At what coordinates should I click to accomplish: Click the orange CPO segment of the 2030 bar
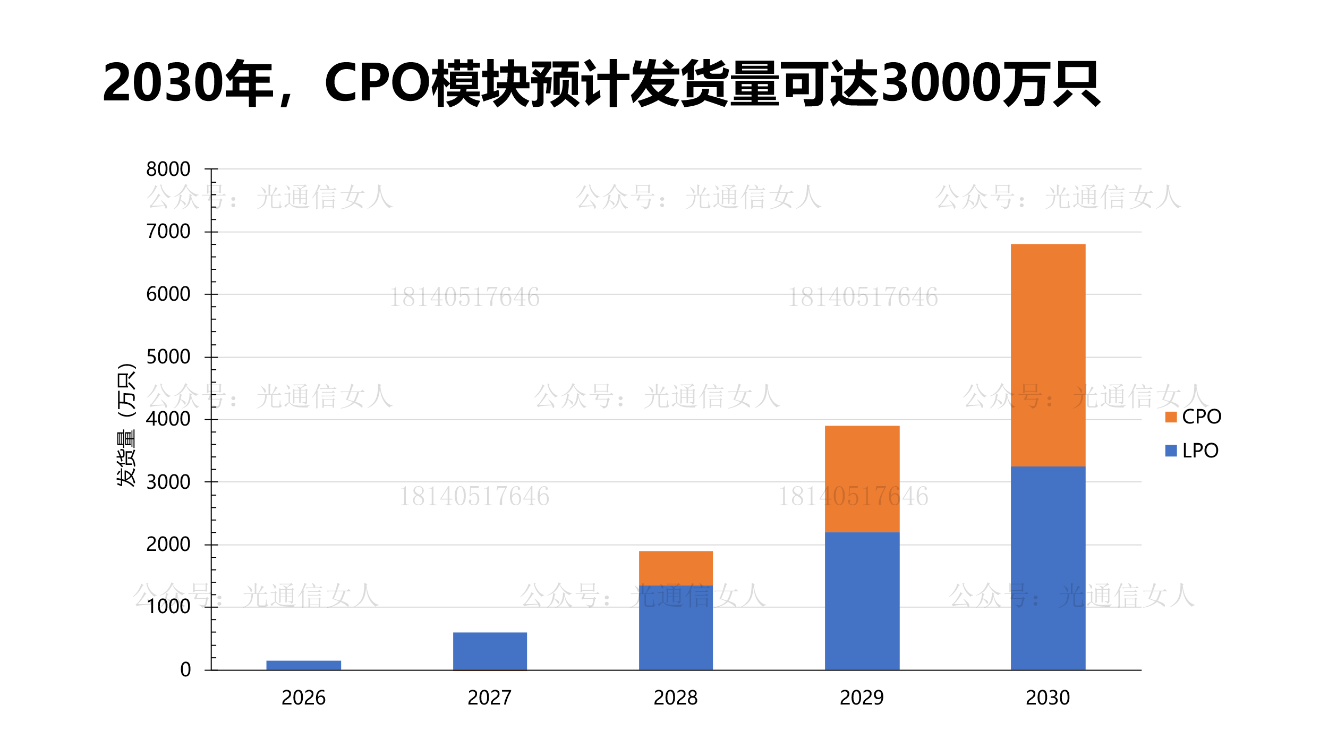[1048, 355]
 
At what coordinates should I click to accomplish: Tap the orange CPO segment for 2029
[862, 478]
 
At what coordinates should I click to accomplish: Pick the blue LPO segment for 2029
[862, 600]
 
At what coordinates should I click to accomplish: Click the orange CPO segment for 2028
[676, 568]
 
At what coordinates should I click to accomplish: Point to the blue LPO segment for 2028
[676, 627]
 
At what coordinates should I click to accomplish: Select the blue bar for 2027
[490, 651]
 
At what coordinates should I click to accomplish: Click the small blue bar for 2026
[303, 665]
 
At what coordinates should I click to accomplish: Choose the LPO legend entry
[1192, 451]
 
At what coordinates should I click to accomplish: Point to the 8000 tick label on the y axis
[168, 169]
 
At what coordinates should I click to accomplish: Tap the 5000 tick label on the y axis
[168, 356]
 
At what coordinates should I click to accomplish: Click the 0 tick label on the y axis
[185, 670]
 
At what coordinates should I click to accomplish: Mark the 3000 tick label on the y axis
[168, 482]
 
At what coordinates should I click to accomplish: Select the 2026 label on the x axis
[303, 698]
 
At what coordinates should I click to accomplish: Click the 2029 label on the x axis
[862, 698]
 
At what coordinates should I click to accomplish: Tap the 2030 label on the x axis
[1048, 698]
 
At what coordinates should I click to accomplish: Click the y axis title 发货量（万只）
[126, 425]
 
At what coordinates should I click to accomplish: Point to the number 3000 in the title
[940, 83]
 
